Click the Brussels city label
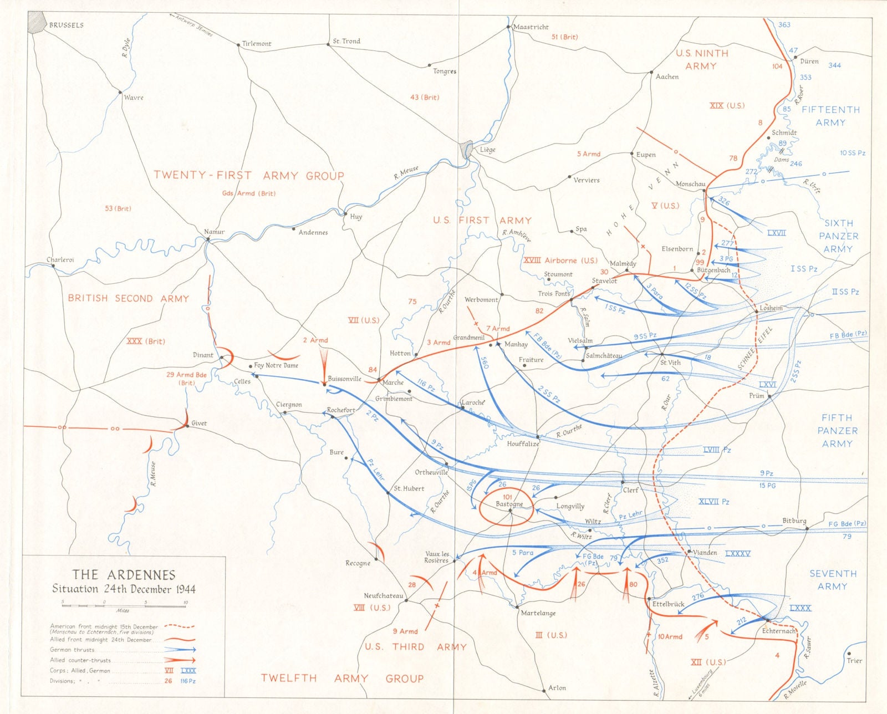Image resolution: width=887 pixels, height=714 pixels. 67,25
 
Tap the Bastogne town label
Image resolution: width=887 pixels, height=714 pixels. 509,504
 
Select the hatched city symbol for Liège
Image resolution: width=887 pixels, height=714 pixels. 467,149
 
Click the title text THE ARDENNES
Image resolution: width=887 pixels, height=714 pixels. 124,575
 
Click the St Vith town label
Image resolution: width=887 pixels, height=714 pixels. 670,362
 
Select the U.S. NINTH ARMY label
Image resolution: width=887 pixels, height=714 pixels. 701,59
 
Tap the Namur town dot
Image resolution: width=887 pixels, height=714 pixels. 208,239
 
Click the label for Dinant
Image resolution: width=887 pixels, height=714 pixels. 203,355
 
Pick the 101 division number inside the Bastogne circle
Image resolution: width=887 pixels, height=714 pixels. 507,497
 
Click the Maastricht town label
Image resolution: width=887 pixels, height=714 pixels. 531,27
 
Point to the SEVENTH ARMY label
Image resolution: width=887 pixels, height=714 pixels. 833,580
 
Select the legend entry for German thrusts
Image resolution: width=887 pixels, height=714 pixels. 72,650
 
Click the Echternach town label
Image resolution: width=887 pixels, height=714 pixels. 778,631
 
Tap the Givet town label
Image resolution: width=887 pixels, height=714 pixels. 199,423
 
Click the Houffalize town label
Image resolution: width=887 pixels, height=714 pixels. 523,443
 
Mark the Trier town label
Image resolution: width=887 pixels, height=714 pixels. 854,660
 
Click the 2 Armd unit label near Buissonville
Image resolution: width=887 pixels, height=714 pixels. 315,340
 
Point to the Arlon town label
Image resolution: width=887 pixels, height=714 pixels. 557,688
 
